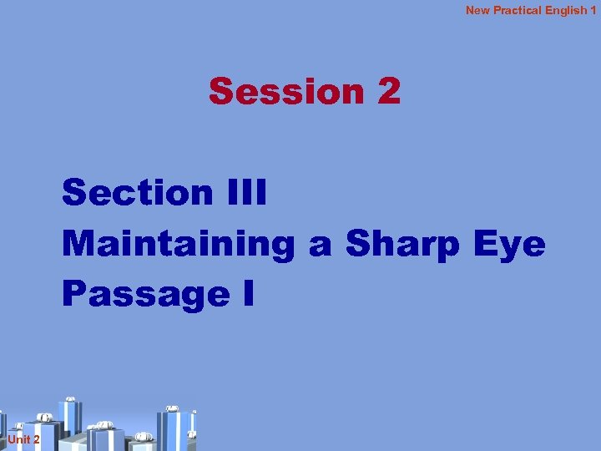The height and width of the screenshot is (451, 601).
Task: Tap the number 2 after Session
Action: pos(389,92)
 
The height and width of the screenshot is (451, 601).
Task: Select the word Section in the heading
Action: pos(138,193)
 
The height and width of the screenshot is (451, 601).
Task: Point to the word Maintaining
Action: pos(179,244)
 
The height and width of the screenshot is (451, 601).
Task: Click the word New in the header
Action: pos(477,10)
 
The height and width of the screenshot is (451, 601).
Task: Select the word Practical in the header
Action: pos(518,10)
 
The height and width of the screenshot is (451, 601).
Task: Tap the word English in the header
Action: pos(566,10)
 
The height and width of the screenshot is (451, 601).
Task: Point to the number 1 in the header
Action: pos(593,10)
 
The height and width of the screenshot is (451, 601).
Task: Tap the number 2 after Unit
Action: pos(36,439)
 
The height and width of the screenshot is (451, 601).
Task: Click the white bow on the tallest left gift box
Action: pos(70,398)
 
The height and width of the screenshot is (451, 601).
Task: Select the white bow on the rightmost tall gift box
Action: pos(173,408)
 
